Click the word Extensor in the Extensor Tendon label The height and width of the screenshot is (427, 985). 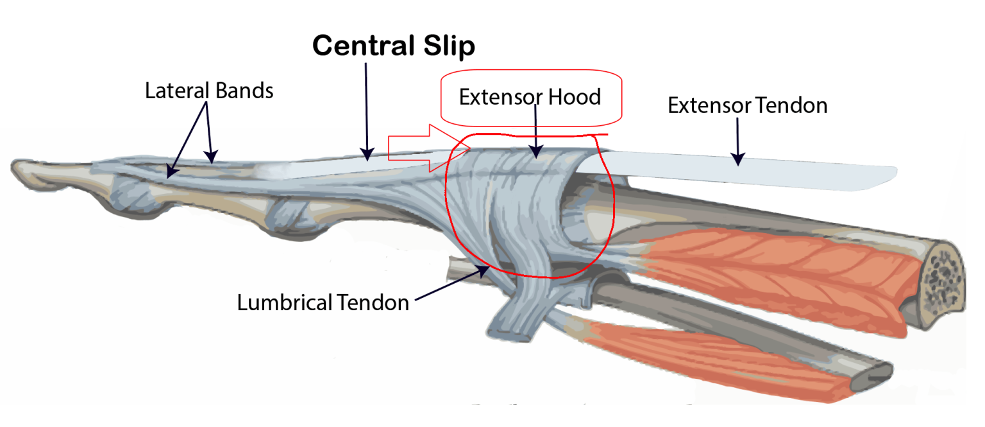[x=707, y=105]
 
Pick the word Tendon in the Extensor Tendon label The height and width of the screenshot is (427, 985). [x=789, y=105]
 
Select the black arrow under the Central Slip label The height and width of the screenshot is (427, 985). [x=366, y=109]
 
